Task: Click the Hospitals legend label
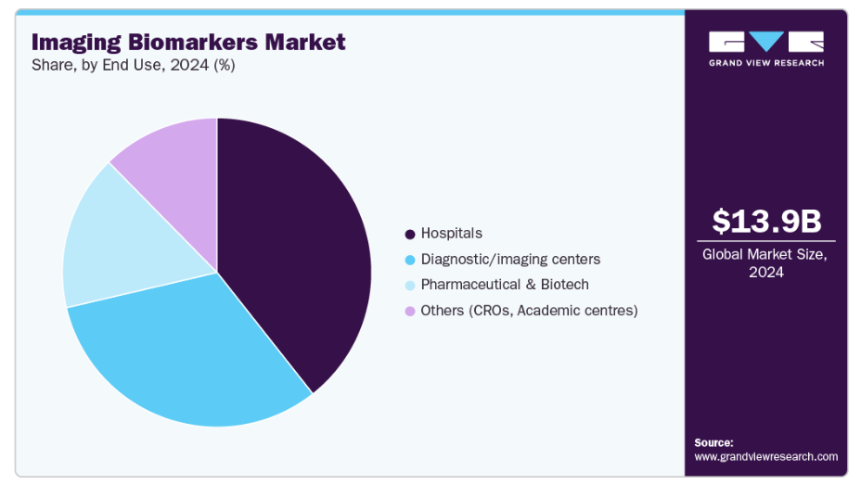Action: [x=451, y=234]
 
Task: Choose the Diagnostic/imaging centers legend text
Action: [x=510, y=259]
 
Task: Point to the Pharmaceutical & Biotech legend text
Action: [x=505, y=285]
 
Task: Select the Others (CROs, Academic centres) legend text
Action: [x=529, y=311]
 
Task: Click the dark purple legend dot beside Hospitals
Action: [x=410, y=234]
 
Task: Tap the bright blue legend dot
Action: [x=410, y=260]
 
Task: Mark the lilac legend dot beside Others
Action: [x=410, y=311]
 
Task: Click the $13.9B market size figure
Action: [x=766, y=222]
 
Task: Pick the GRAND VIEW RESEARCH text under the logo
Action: [x=766, y=63]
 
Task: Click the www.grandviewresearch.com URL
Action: [x=765, y=456]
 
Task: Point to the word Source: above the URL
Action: [x=713, y=442]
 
